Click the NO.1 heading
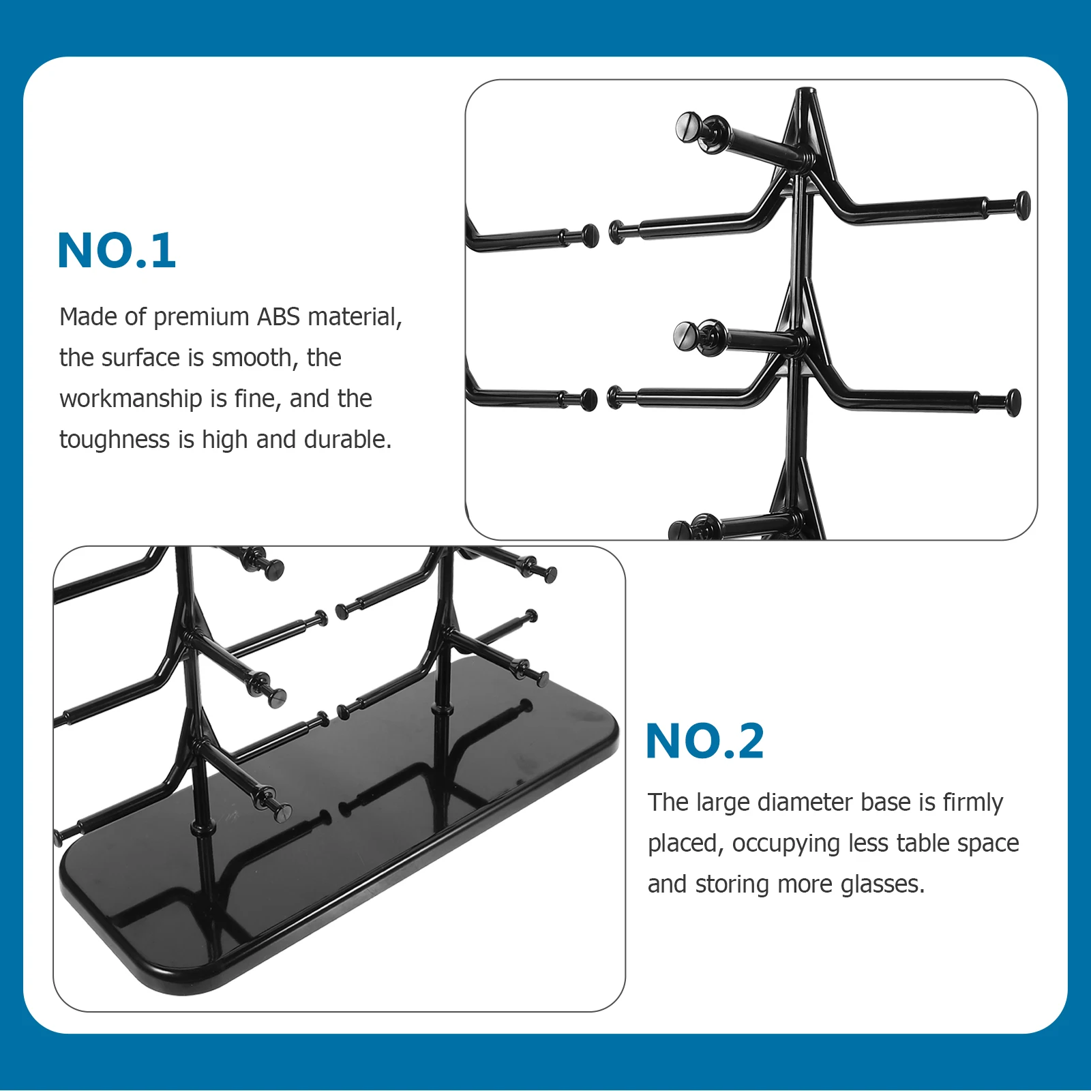click(117, 250)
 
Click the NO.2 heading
click(704, 741)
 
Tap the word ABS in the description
click(278, 317)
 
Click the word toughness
click(114, 440)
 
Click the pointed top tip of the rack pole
click(806, 91)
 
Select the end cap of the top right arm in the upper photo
click(1023, 205)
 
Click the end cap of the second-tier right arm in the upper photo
click(1014, 402)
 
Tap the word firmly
click(973, 803)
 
